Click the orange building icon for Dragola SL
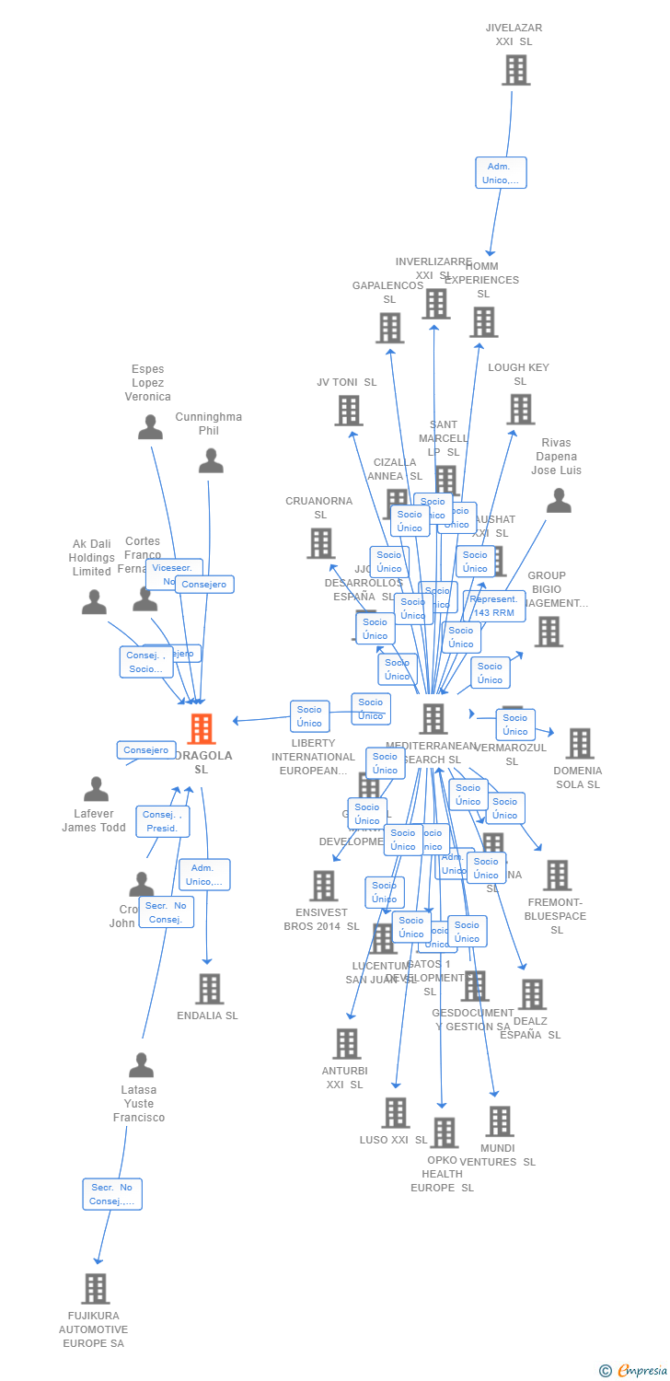click(201, 729)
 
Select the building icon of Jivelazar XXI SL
click(515, 70)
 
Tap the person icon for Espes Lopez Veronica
click(150, 427)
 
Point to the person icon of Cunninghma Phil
click(211, 460)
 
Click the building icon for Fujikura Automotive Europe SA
click(95, 1289)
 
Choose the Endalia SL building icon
click(210, 989)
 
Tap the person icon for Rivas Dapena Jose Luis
click(559, 501)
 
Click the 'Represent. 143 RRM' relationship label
click(494, 606)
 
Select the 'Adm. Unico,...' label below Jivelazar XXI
click(501, 173)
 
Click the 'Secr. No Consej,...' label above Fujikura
click(112, 1194)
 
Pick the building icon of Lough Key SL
click(520, 410)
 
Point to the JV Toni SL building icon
click(348, 411)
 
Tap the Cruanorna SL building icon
click(320, 543)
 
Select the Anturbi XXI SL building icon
click(347, 1044)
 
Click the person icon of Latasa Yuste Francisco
click(141, 1065)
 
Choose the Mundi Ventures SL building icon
click(500, 1121)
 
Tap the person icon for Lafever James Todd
click(96, 789)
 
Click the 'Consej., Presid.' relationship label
click(163, 821)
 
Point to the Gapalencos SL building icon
click(389, 328)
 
